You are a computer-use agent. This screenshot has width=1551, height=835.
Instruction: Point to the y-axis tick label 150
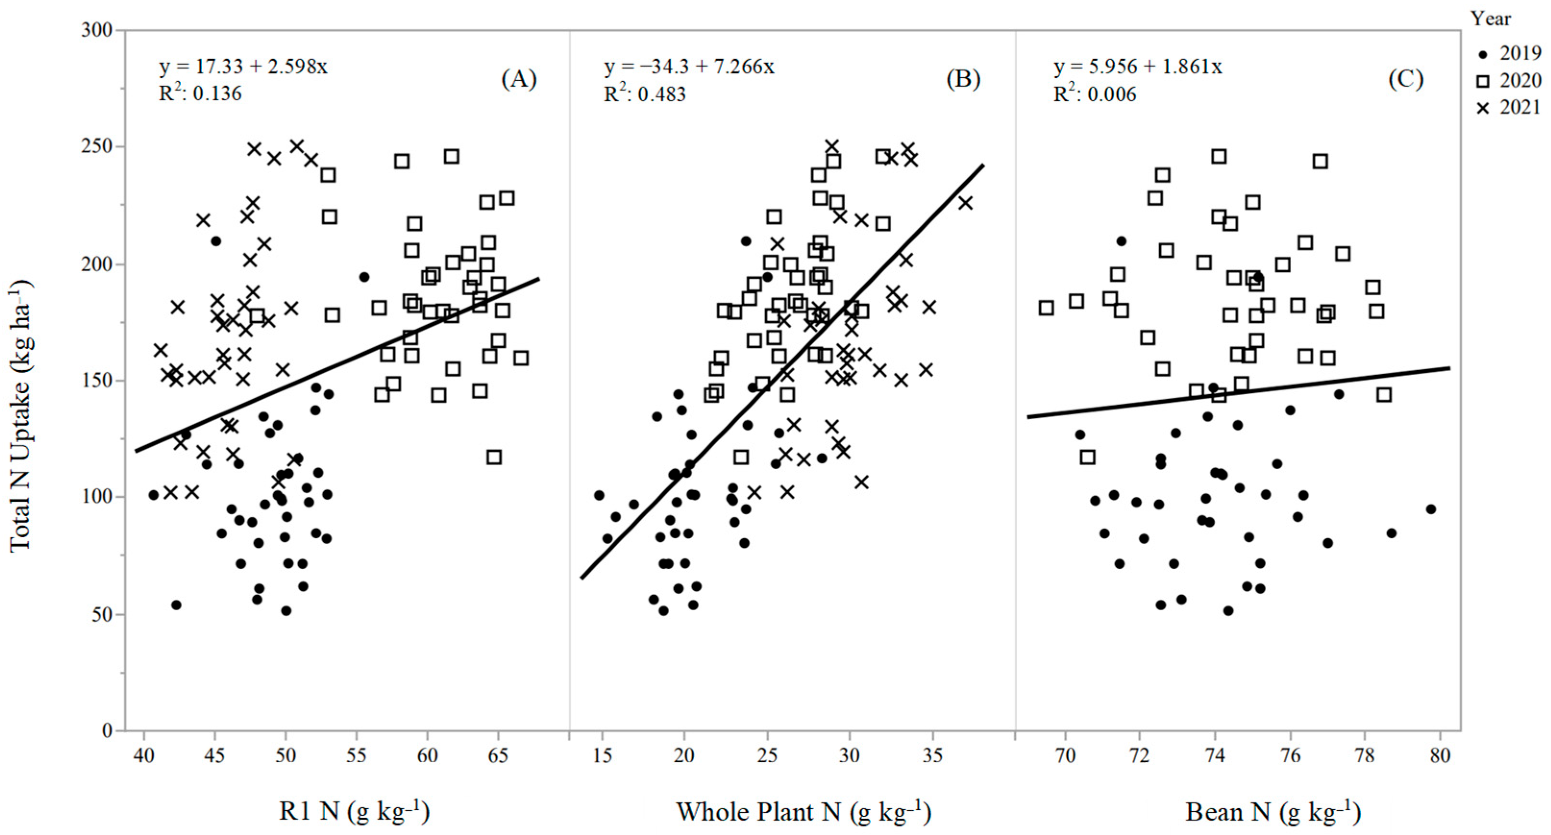[x=97, y=380]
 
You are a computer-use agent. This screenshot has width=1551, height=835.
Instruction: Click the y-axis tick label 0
[x=107, y=730]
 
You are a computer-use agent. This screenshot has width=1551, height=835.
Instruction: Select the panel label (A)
[x=518, y=79]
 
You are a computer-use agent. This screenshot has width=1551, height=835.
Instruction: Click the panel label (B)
[x=963, y=79]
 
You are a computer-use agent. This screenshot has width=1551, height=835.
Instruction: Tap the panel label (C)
[x=1405, y=79]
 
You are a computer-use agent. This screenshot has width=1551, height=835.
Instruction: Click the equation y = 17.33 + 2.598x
[x=243, y=66]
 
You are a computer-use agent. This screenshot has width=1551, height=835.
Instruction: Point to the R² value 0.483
[x=645, y=94]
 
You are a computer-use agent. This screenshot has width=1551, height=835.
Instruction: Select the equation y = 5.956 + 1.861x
[x=1138, y=66]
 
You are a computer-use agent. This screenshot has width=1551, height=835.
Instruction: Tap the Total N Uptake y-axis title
[x=21, y=415]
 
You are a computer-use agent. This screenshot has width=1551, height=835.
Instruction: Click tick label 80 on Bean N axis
[x=1440, y=754]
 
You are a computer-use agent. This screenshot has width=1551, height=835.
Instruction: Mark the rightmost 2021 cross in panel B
[x=965, y=203]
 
